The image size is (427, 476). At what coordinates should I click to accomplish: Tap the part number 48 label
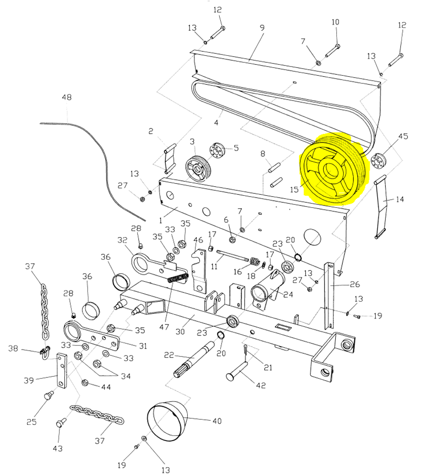coord(67,98)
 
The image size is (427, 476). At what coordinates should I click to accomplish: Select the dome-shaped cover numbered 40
coord(167,421)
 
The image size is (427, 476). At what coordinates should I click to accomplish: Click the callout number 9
coord(262,28)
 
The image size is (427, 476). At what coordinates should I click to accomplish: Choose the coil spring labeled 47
coord(177,279)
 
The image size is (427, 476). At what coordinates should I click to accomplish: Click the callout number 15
coord(294,190)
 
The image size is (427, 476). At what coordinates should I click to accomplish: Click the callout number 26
coord(355,284)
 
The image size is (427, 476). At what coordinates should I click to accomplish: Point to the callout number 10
coord(335,22)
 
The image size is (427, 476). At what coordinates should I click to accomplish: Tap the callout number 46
coord(198,240)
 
